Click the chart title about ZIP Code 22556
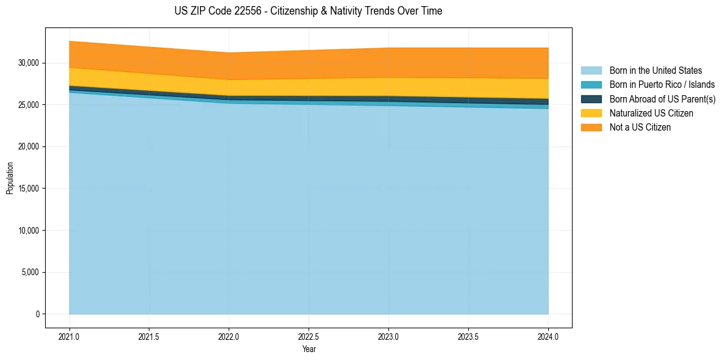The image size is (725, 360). pyautogui.click(x=308, y=11)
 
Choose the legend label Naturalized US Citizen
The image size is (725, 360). pyautogui.click(x=651, y=113)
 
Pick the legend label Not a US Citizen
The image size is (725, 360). pyautogui.click(x=640, y=128)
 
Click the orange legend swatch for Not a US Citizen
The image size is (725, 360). pyautogui.click(x=591, y=128)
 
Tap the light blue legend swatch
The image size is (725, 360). pyautogui.click(x=591, y=71)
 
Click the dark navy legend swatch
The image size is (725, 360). pyautogui.click(x=591, y=99)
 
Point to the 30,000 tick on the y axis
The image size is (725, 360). pyautogui.click(x=29, y=63)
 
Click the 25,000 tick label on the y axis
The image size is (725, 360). pyautogui.click(x=29, y=105)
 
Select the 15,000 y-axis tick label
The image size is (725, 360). pyautogui.click(x=29, y=189)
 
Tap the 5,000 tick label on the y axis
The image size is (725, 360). pyautogui.click(x=30, y=272)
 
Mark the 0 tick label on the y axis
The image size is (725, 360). pyautogui.click(x=37, y=314)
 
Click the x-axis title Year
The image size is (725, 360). pyautogui.click(x=309, y=349)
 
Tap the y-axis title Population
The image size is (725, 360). pyautogui.click(x=10, y=178)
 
